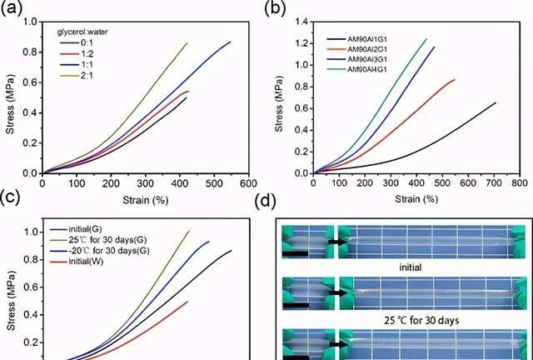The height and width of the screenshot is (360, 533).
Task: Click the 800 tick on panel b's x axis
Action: [x=519, y=182]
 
